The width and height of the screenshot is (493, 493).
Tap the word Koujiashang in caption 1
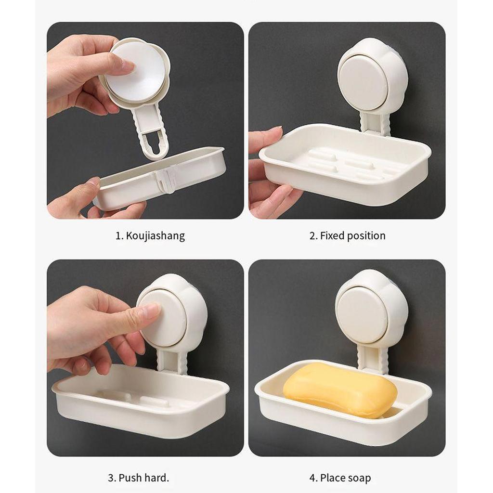coord(156,236)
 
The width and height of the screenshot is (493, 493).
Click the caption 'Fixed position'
coord(352,236)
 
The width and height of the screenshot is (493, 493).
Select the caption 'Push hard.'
coord(144,478)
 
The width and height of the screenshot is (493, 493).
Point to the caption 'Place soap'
coord(345,478)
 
